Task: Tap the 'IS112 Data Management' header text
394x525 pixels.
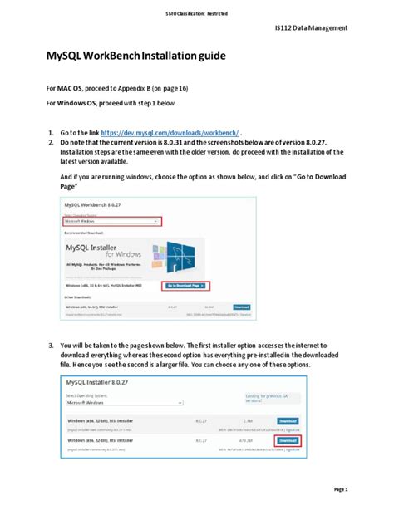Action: coord(311,27)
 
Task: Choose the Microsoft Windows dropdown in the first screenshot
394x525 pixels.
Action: coord(111,222)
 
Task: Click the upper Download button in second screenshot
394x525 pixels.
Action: coord(287,420)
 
